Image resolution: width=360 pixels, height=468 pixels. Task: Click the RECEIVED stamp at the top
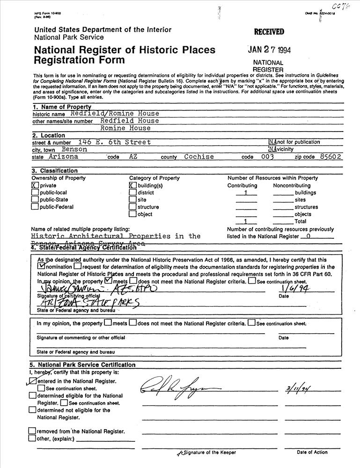pyautogui.click(x=269, y=32)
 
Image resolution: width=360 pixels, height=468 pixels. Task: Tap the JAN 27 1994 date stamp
pyautogui.click(x=269, y=50)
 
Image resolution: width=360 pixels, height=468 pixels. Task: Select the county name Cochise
pyautogui.click(x=199, y=157)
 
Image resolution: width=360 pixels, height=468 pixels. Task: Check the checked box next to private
pyautogui.click(x=35, y=185)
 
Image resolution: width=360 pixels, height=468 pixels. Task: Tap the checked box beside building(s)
pyautogui.click(x=132, y=185)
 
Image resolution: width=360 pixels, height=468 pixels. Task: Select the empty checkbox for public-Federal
pyautogui.click(x=35, y=207)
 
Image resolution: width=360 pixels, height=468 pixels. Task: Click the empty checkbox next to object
pyautogui.click(x=132, y=214)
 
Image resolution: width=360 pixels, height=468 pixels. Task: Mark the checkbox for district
pyautogui.click(x=132, y=192)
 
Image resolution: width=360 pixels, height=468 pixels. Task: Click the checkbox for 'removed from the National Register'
pyautogui.click(x=32, y=431)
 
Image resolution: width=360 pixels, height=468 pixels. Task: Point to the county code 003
pyautogui.click(x=267, y=157)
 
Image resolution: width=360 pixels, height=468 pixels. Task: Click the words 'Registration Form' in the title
pyautogui.click(x=79, y=60)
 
